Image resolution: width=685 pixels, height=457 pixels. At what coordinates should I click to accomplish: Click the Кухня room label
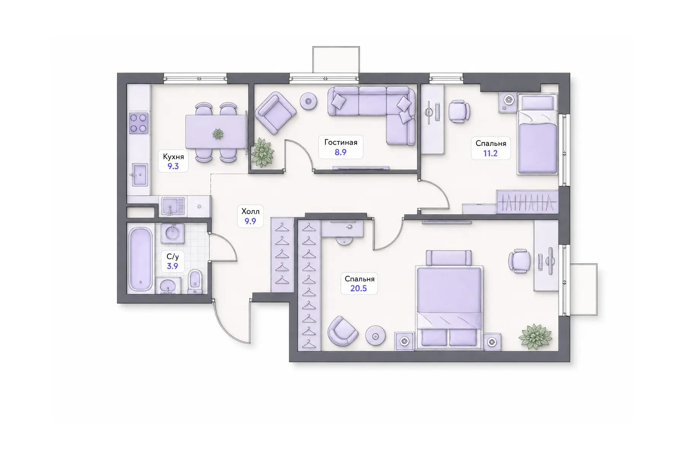pos(173,157)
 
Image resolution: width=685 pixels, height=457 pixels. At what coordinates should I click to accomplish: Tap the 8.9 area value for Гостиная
pos(341,152)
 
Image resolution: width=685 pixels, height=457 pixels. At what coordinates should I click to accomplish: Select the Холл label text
pos(250,211)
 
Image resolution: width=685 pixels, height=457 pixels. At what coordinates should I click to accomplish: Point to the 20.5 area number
pos(358,288)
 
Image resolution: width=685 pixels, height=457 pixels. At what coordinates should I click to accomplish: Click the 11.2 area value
pos(490,153)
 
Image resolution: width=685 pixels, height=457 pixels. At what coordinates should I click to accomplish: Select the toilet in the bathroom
pos(195,281)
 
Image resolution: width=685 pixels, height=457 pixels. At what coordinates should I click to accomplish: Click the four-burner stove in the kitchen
pos(139,123)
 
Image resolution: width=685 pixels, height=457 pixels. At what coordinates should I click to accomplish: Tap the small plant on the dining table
pos(218,134)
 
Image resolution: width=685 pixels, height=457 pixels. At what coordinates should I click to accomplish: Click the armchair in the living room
pos(276,113)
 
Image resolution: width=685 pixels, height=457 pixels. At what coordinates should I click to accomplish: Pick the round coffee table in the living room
pos(309,101)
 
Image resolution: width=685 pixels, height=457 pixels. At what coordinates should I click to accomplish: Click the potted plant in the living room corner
pos(262,152)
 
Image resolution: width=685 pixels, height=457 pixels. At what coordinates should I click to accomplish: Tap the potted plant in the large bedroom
pos(535,336)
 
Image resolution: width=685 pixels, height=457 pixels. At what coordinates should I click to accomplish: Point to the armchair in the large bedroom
pos(342,331)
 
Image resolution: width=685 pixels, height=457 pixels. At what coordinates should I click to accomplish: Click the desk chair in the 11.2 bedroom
pos(459,111)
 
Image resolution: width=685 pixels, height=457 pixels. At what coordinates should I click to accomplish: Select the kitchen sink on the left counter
pos(139,175)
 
